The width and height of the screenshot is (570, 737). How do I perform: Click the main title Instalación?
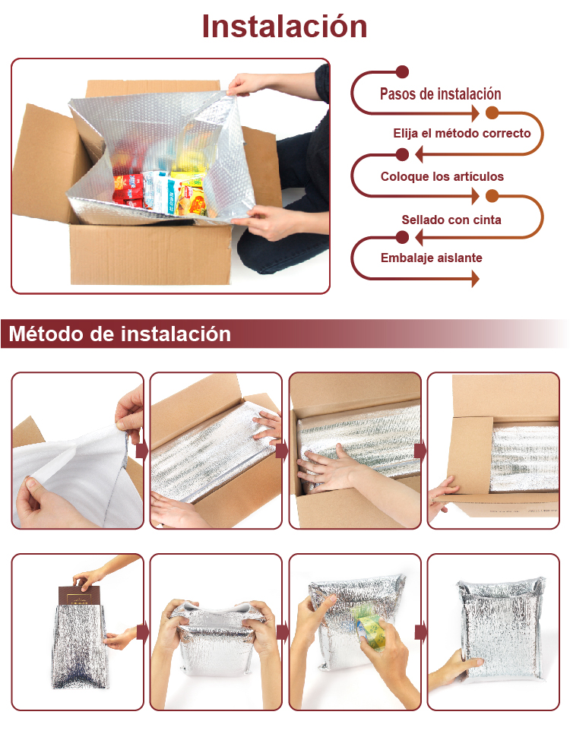[x=284, y=27]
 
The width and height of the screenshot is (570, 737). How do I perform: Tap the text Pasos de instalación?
[x=440, y=94]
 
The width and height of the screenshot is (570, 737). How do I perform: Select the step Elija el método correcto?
[x=462, y=134]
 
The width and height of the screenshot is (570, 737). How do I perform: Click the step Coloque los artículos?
[x=442, y=177]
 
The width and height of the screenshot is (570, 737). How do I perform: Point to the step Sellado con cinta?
[x=451, y=220]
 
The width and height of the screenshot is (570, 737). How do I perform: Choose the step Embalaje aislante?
[x=431, y=258]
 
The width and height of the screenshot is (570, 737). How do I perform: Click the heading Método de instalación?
[x=120, y=334]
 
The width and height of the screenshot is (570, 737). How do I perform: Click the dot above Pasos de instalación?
[x=402, y=72]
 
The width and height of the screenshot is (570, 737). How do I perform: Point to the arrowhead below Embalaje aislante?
[x=476, y=279]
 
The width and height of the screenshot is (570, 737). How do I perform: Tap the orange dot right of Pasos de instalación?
[x=492, y=112]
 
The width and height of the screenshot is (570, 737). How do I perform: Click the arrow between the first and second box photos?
[x=141, y=451]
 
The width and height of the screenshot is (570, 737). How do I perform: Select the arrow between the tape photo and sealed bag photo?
[x=420, y=631]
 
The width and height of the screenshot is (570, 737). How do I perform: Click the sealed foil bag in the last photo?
[x=500, y=628]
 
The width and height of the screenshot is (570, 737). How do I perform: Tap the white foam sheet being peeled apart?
[x=75, y=475]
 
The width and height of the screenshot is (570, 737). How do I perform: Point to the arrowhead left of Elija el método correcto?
[x=419, y=154]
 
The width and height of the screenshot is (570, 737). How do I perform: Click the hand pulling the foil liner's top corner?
[x=245, y=84]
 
